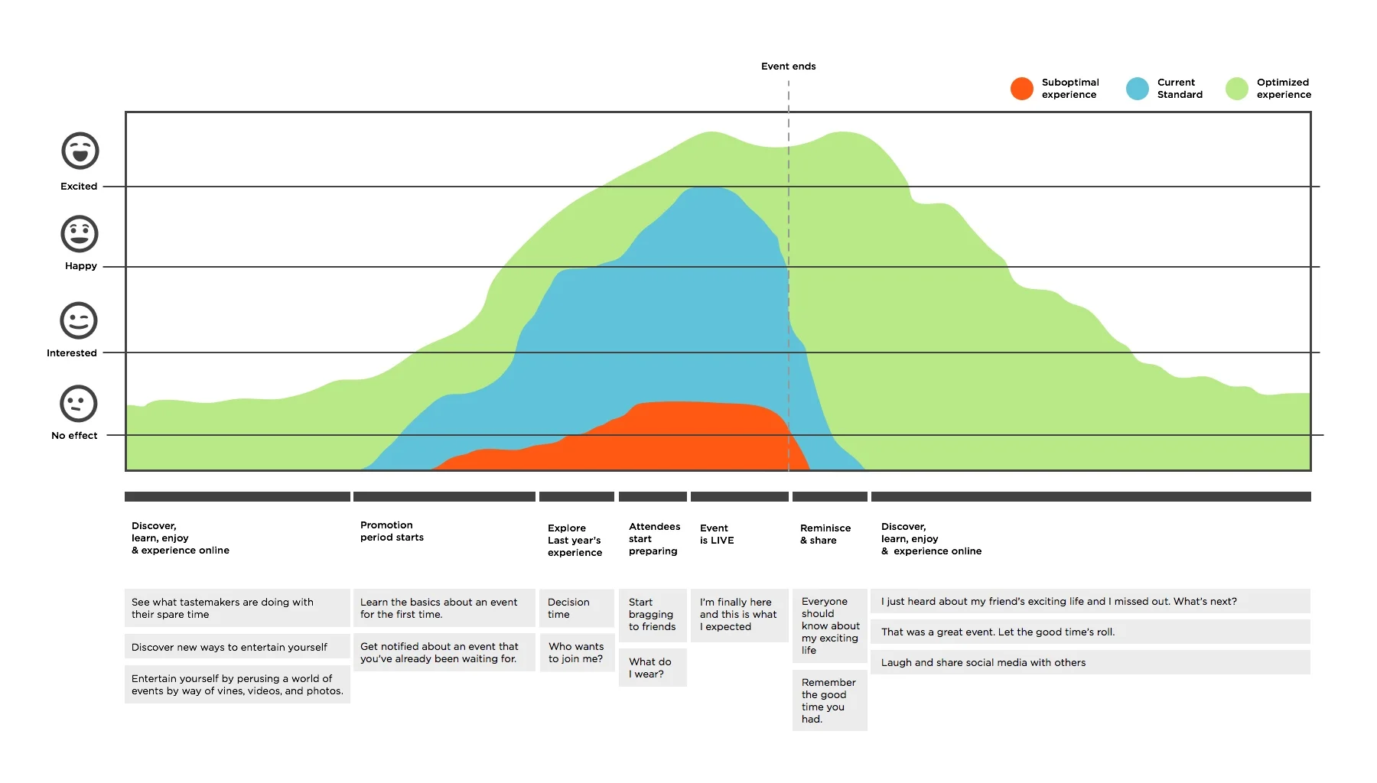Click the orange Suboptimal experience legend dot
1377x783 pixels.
[x=1021, y=89]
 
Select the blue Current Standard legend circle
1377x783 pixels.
[x=1137, y=89]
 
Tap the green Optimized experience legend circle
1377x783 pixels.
[x=1236, y=89]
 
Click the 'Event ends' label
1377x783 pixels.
[x=788, y=67]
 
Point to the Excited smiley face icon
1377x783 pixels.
[x=80, y=151]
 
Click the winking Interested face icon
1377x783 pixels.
[x=79, y=320]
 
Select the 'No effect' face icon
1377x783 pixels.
[x=79, y=403]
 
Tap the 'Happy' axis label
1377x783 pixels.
[x=81, y=266]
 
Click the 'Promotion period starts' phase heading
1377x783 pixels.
[x=392, y=531]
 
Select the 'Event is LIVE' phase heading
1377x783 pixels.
[x=717, y=534]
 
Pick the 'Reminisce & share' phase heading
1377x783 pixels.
[x=825, y=534]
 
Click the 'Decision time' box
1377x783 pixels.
[x=576, y=609]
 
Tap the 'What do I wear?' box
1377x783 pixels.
[x=652, y=668]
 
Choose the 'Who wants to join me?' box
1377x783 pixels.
[x=577, y=652]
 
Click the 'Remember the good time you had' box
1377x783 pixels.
[x=829, y=700]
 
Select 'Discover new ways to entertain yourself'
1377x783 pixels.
[x=236, y=647]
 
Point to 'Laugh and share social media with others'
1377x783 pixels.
[x=1089, y=662]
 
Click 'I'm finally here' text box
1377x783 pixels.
[x=738, y=615]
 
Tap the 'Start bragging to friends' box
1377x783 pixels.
[x=652, y=615]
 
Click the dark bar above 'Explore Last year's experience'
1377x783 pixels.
[x=576, y=497]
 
